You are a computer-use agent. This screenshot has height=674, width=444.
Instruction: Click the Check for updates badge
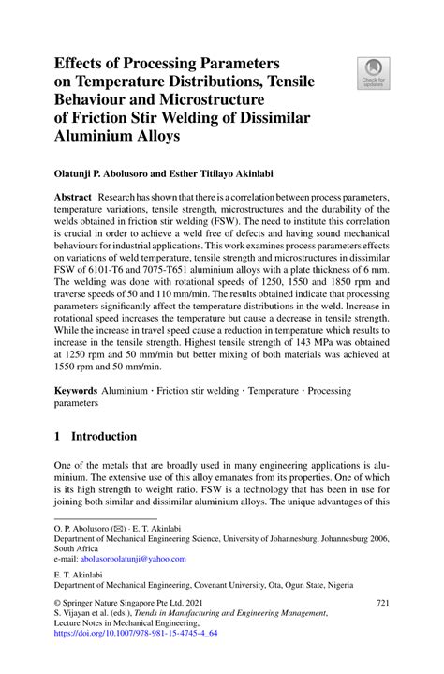376,72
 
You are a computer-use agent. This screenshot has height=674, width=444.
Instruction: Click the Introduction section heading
106,437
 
